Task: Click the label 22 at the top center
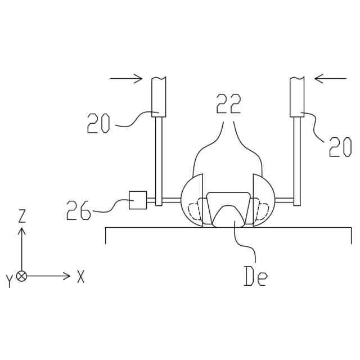click(x=229, y=103)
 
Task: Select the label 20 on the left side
click(x=98, y=124)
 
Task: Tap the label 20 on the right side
click(x=340, y=147)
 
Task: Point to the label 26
click(x=79, y=210)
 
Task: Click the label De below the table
click(x=256, y=276)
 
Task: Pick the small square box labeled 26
click(x=138, y=200)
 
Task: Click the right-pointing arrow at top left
click(x=126, y=79)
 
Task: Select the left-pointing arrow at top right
click(x=330, y=79)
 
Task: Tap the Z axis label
click(x=22, y=216)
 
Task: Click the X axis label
click(x=80, y=276)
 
